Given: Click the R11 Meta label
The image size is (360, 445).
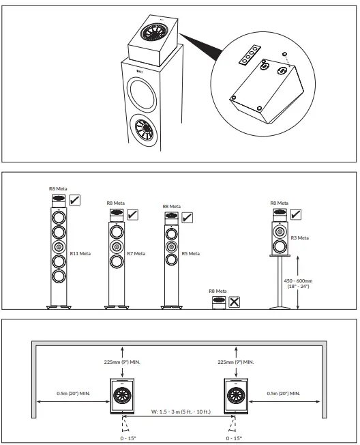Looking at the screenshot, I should point(80,253).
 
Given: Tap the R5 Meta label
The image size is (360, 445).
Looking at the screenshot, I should point(190,253).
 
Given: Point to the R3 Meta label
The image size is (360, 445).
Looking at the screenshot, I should point(300,238).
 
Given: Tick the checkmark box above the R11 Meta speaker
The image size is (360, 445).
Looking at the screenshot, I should point(76,200).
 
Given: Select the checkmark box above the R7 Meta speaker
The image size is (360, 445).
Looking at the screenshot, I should point(132,214).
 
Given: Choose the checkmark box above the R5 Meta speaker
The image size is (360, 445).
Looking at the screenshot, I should point(187,217).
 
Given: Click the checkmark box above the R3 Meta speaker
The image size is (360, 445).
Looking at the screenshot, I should point(295,214).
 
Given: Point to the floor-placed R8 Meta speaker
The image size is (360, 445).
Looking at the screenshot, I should point(219,301).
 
